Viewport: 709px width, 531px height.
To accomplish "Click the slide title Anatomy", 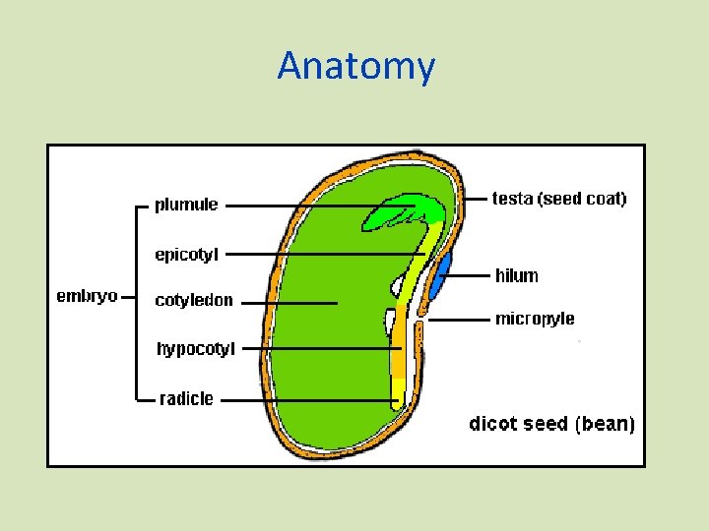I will pyautogui.click(x=355, y=66).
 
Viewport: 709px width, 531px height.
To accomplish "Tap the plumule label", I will pyautogui.click(x=186, y=206).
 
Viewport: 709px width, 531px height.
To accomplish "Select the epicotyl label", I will pyautogui.click(x=187, y=255).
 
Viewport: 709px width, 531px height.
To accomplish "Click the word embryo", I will pyautogui.click(x=87, y=296).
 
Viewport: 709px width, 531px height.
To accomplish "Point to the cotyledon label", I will pyautogui.click(x=194, y=301).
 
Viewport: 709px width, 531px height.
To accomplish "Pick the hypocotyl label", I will pyautogui.click(x=196, y=348).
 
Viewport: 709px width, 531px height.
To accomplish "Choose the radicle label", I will pyautogui.click(x=186, y=398).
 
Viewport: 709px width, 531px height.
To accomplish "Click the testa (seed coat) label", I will pyautogui.click(x=559, y=199).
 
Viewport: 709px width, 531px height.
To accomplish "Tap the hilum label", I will pyautogui.click(x=517, y=276).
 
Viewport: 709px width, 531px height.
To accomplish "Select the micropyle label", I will pyautogui.click(x=535, y=319).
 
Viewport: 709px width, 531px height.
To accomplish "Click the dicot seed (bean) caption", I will pyautogui.click(x=551, y=424).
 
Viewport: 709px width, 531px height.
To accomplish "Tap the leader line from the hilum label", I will pyautogui.click(x=469, y=276).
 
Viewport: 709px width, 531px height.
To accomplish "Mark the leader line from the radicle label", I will pyautogui.click(x=305, y=400).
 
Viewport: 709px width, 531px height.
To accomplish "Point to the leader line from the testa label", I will pyautogui.click(x=474, y=200).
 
